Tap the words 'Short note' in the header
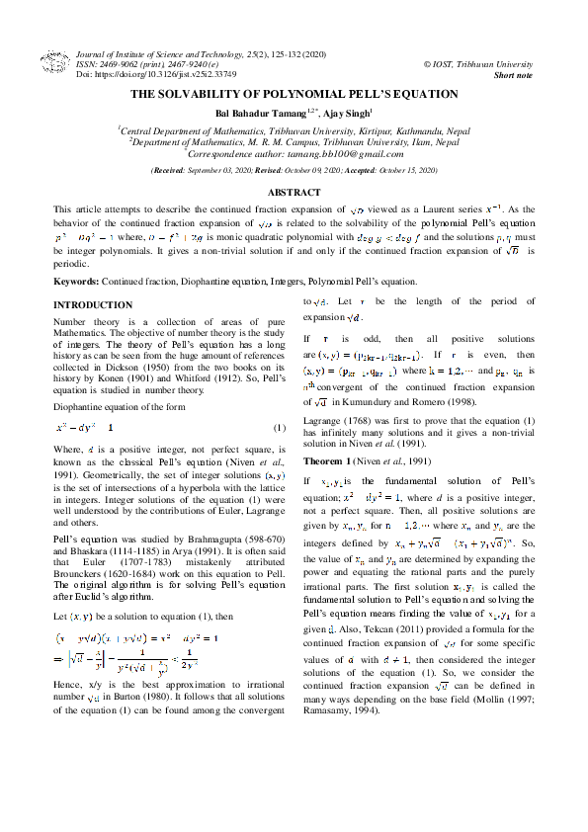click(513, 75)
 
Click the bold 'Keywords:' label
click(75, 282)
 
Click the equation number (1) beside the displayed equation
click(279, 427)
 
